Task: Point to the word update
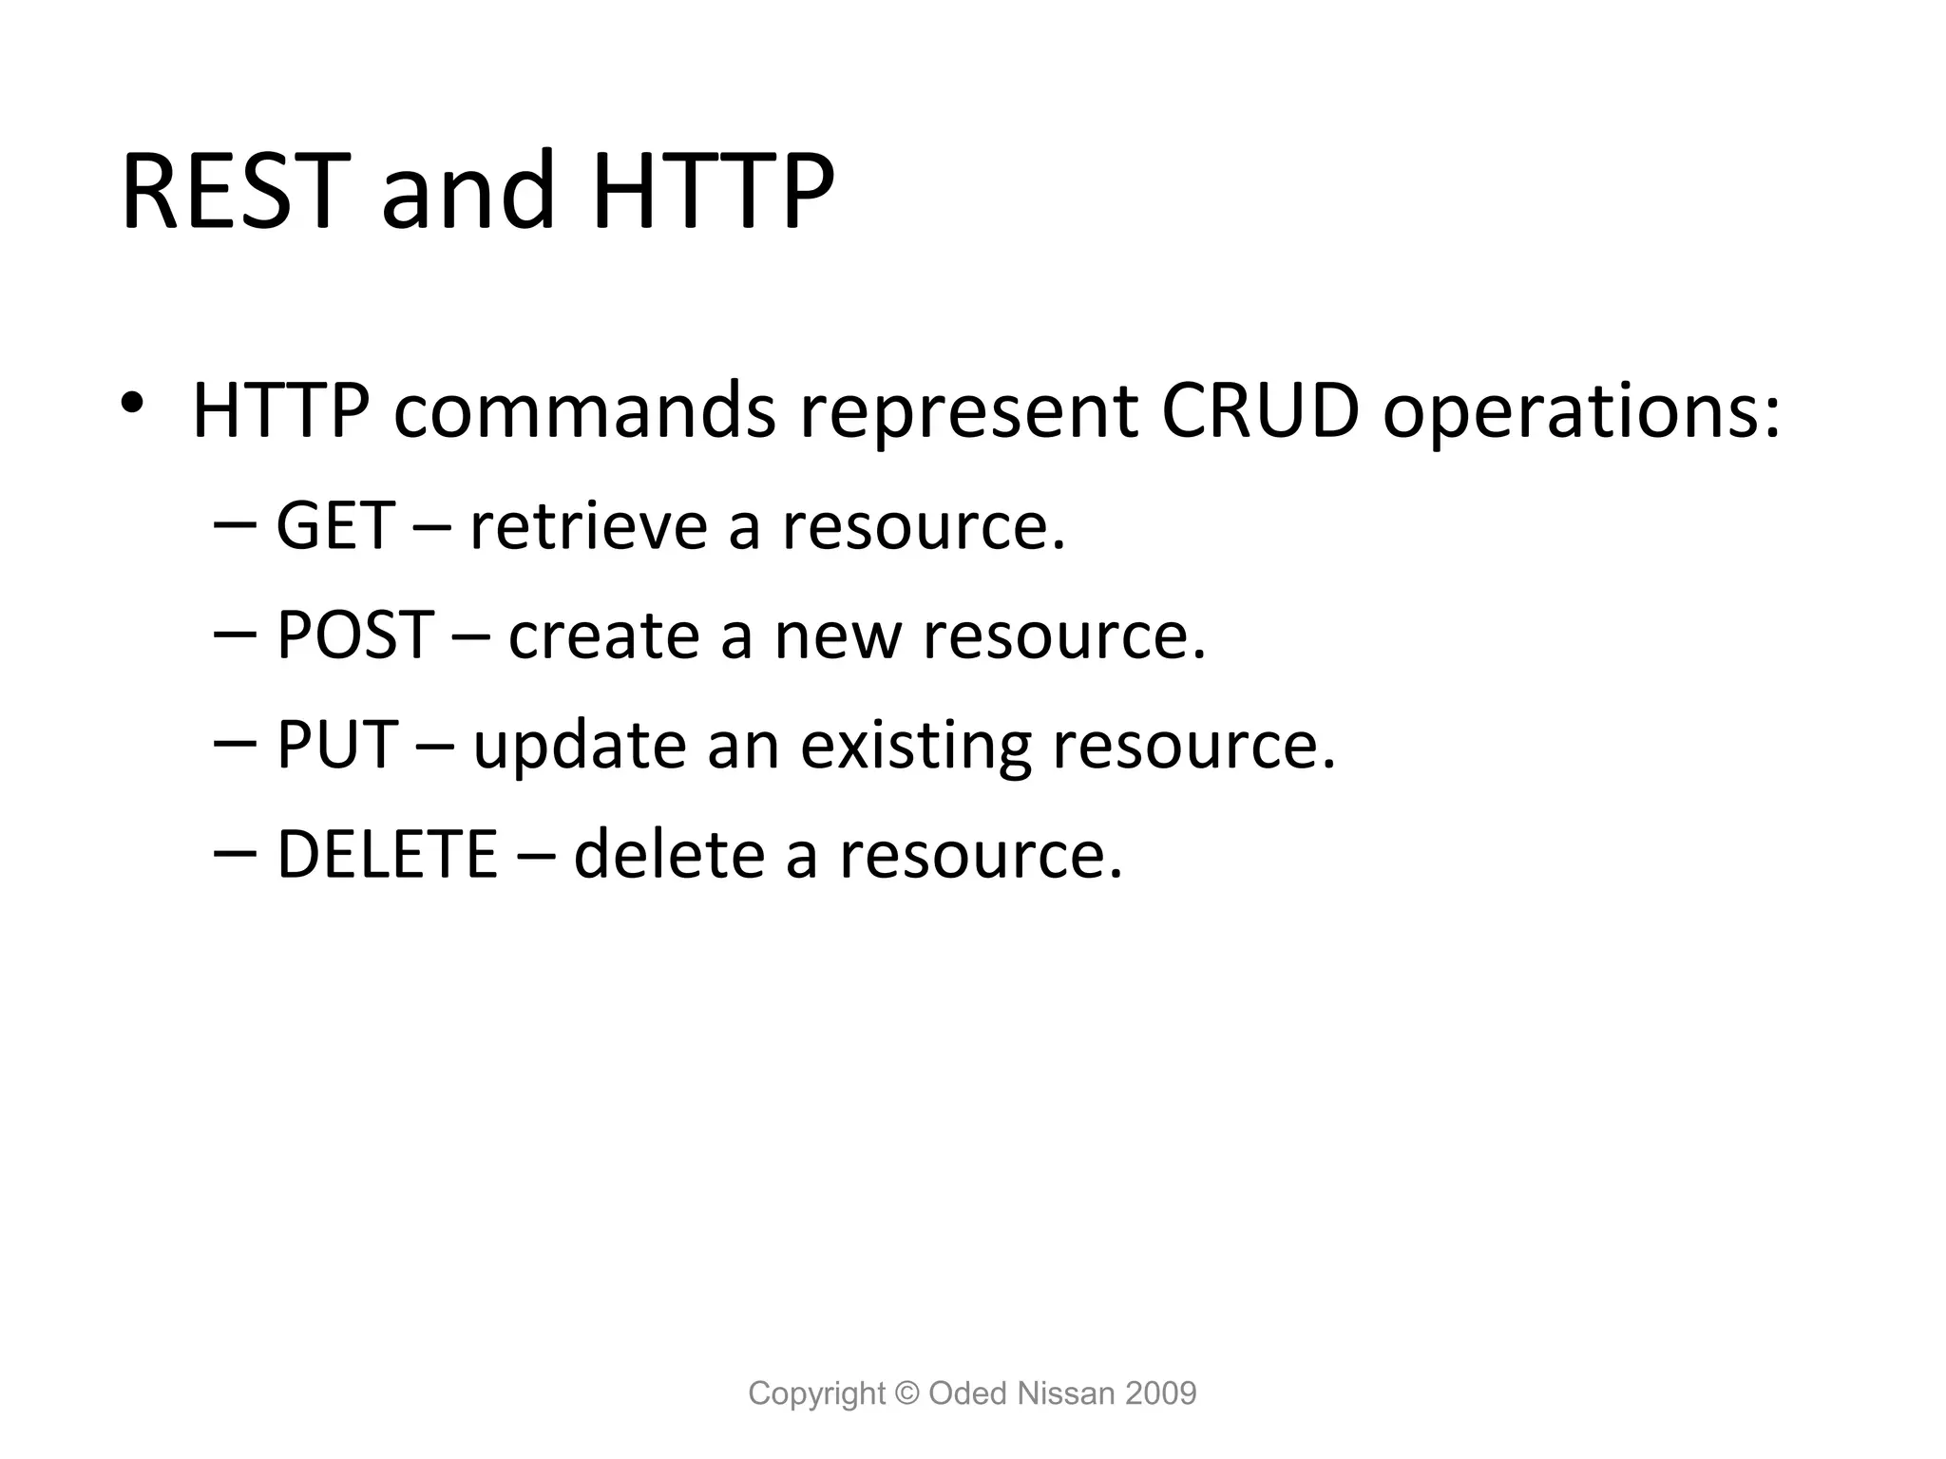tap(579, 747)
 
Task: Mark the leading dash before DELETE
tap(236, 853)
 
